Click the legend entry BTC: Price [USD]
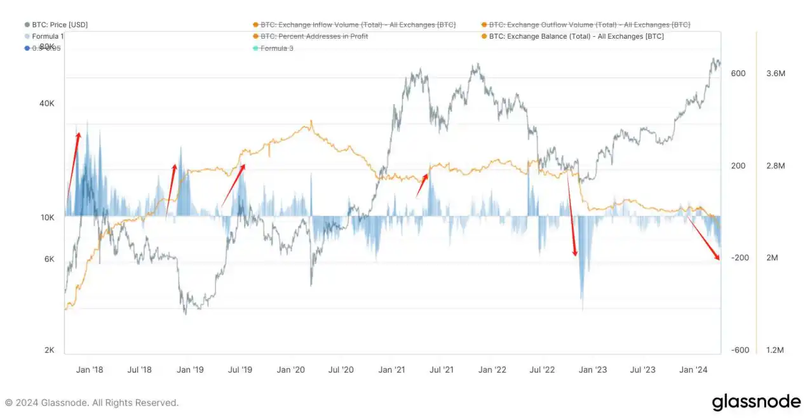pos(60,25)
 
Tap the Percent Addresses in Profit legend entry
pos(314,36)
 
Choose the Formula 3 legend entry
pos(277,48)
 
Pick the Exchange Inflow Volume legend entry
pos(358,25)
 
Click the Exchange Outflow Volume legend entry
pos(589,25)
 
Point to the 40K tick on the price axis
pos(46,103)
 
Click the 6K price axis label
pos(48,259)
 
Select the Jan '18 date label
pos(89,370)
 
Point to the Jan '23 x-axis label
pos(593,370)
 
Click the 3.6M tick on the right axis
pos(776,74)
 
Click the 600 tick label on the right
pos(738,74)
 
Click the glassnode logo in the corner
pos(756,402)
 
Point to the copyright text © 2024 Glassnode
pos(91,402)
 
